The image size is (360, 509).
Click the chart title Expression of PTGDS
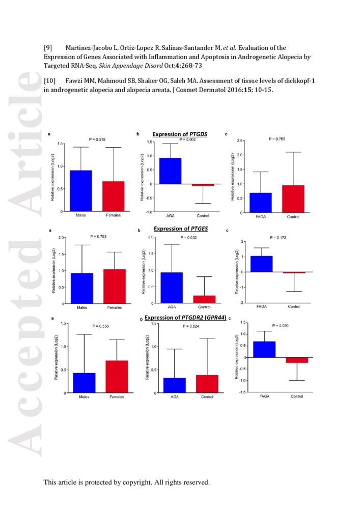point(179,134)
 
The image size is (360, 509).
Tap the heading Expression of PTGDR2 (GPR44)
point(185,318)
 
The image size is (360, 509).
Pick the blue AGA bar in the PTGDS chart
point(171,171)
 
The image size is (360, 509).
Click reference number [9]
point(49,48)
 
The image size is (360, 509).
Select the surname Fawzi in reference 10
point(75,81)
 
